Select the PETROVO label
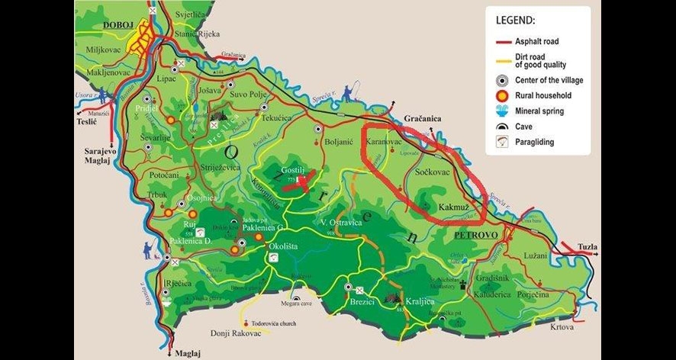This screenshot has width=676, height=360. pos(475,236)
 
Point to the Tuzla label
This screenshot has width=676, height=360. pos(587,247)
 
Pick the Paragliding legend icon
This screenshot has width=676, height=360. pos(502,141)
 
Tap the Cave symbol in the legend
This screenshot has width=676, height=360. pos(502,126)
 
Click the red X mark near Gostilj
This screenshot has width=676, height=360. pos(307,181)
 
